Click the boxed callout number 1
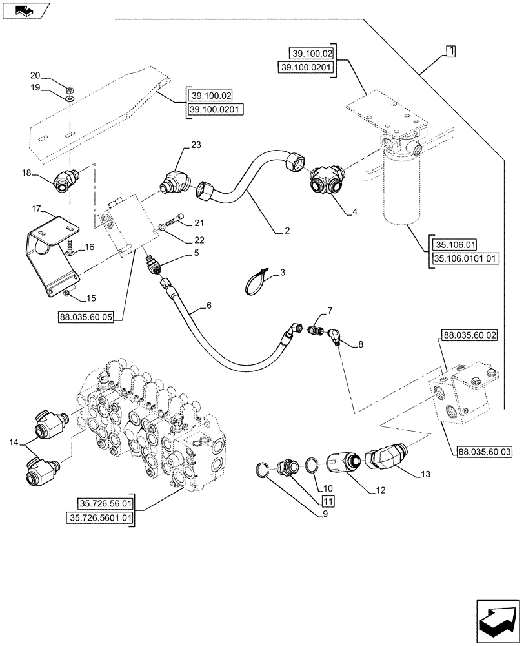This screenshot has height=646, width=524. pyautogui.click(x=450, y=51)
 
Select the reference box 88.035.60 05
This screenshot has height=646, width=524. pyautogui.click(x=85, y=318)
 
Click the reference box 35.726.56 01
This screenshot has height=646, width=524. pyautogui.click(x=106, y=504)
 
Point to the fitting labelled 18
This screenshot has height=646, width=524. pyautogui.click(x=67, y=180)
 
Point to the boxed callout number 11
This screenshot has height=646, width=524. pyautogui.click(x=328, y=501)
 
